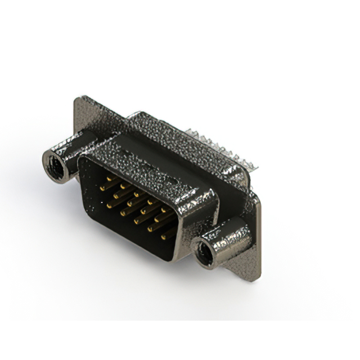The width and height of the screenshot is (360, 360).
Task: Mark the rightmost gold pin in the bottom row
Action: [165, 238]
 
